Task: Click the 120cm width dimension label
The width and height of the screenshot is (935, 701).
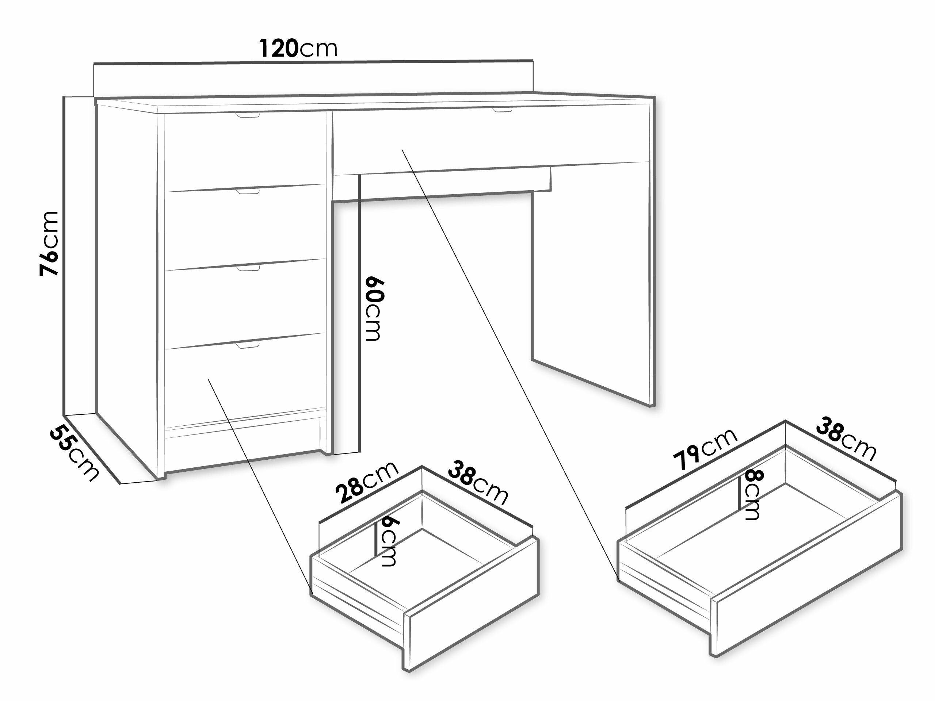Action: (298, 48)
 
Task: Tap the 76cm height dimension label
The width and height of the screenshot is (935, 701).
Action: (49, 244)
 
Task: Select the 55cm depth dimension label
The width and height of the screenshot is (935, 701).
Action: (75, 452)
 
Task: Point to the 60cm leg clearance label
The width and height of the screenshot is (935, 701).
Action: (373, 309)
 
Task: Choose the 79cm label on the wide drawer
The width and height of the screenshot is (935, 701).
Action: (705, 449)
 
